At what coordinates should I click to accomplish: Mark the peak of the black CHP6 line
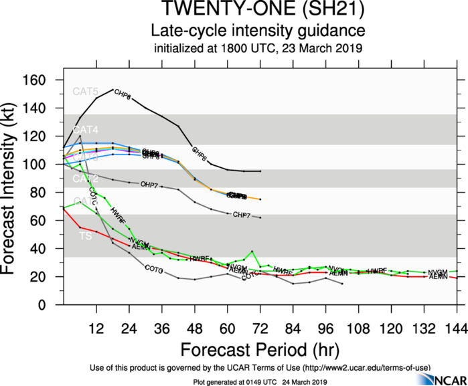coord(112,90)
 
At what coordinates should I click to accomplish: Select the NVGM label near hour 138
coord(438,271)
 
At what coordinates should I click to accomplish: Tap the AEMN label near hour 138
coord(438,277)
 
